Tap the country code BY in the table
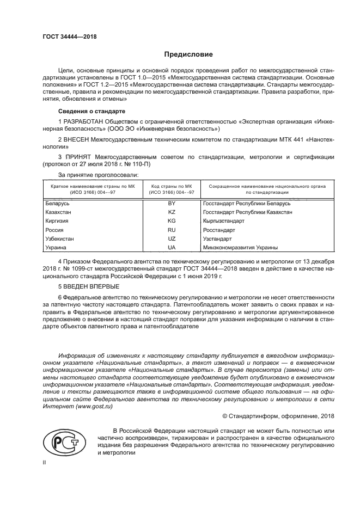pyautogui.click(x=172, y=204)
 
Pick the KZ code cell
pyautogui.click(x=172, y=212)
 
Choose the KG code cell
pyautogui.click(x=172, y=221)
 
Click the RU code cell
pyautogui.click(x=172, y=230)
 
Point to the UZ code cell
pyautogui.click(x=172, y=239)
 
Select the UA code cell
pyautogui.click(x=172, y=248)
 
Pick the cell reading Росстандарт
pyautogui.click(x=218, y=230)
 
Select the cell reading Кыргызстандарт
pyautogui.click(x=223, y=221)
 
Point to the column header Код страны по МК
pyautogui.click(x=172, y=186)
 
